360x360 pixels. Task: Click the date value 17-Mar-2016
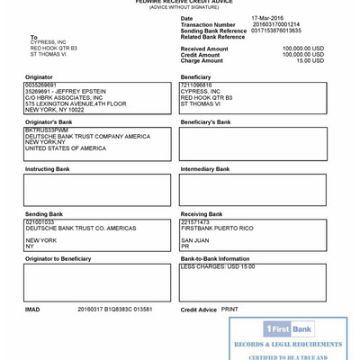click(x=268, y=18)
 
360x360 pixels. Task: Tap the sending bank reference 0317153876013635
click(x=276, y=31)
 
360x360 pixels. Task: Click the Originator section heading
click(x=39, y=77)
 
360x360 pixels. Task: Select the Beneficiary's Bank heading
click(x=205, y=121)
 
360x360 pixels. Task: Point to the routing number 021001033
click(x=40, y=221)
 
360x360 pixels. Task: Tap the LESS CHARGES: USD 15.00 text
click(x=217, y=266)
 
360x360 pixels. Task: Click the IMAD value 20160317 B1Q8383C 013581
click(x=114, y=310)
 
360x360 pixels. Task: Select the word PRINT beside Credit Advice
click(x=229, y=310)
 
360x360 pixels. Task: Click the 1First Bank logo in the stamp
click(x=288, y=329)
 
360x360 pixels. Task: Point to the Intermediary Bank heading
click(x=205, y=169)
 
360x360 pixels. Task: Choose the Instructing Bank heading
click(x=47, y=169)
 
